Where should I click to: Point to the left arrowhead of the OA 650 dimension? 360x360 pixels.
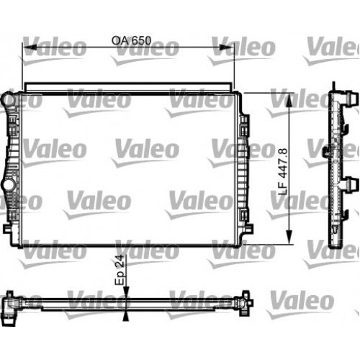27,49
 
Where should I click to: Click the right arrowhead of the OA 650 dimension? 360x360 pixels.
232,49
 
